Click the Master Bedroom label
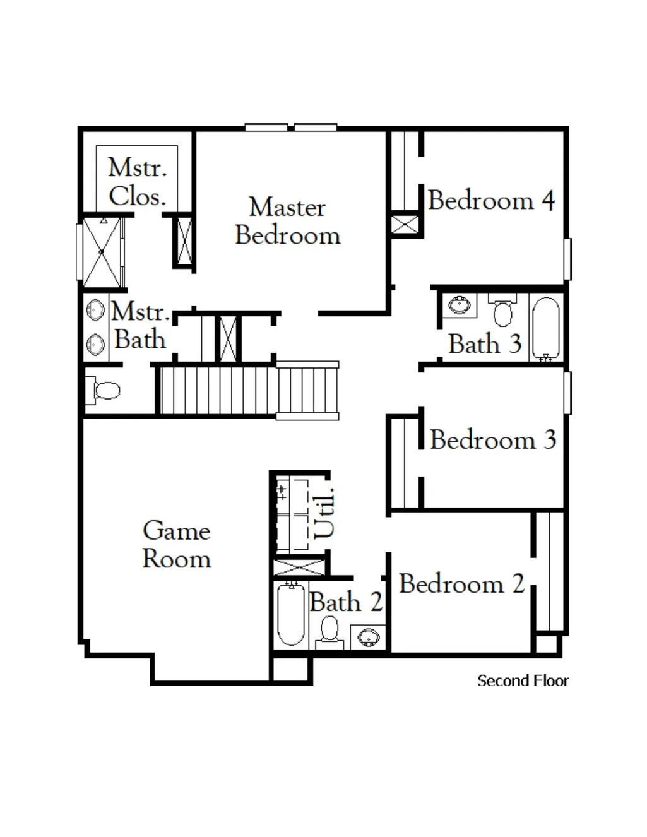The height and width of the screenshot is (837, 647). [x=288, y=221]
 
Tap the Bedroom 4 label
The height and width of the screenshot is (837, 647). [x=492, y=200]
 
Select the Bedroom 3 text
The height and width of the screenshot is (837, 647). [x=493, y=439]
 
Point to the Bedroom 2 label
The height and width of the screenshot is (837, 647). [x=462, y=583]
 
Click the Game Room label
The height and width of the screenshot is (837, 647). [x=177, y=545]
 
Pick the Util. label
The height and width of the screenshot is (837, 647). [x=324, y=513]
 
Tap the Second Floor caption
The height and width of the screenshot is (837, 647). [x=523, y=680]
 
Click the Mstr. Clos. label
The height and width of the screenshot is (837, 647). [x=138, y=182]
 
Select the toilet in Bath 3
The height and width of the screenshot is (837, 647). [x=502, y=309]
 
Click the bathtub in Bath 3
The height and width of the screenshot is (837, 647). [x=546, y=329]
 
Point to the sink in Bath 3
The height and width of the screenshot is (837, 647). [x=460, y=306]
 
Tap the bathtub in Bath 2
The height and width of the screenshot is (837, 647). [x=291, y=615]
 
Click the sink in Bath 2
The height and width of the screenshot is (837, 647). [x=369, y=638]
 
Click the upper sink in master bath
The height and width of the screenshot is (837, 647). [x=95, y=310]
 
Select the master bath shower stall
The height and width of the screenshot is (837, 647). [x=102, y=252]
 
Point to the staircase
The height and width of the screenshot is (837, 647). [x=249, y=391]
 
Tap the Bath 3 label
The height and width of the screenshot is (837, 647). [x=485, y=343]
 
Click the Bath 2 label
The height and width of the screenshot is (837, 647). [x=346, y=602]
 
